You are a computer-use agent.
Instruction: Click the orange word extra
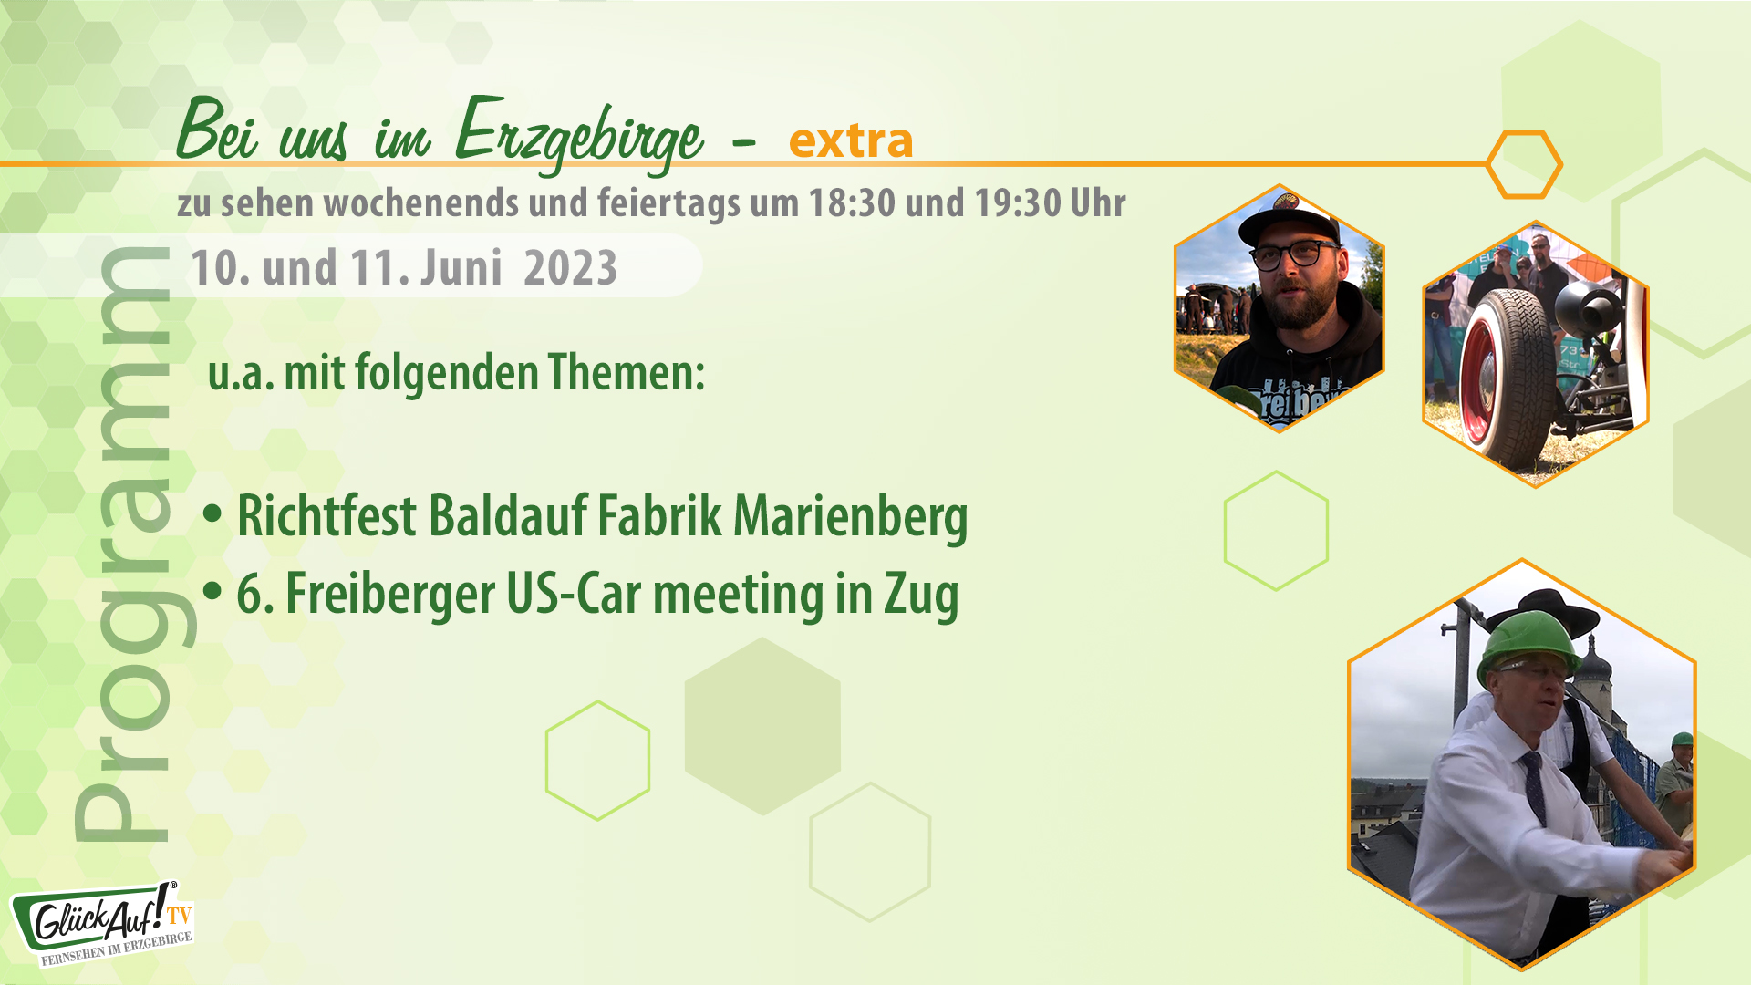pos(850,140)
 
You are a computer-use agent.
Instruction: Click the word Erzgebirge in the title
pos(578,135)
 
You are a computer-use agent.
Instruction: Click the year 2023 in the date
pos(570,268)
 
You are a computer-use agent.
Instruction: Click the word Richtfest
pos(326,516)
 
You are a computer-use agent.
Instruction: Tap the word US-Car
pos(575,594)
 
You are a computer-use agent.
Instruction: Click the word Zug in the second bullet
pos(920,596)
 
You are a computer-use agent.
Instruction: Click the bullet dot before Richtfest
pos(212,514)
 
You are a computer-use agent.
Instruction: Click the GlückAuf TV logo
pos(102,923)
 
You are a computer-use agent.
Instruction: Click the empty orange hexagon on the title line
pos(1523,164)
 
